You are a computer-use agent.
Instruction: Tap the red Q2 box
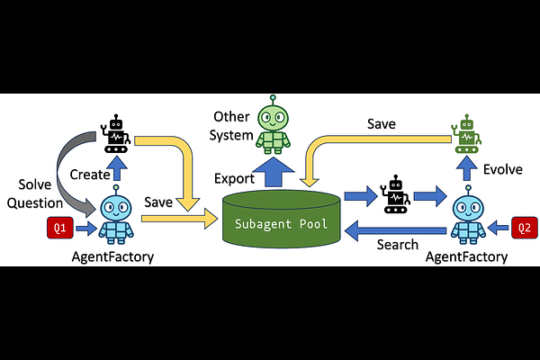(524, 229)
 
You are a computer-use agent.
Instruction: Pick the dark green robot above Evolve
(465, 133)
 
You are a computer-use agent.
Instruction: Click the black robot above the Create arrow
(116, 133)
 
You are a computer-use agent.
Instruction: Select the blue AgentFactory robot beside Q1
(116, 220)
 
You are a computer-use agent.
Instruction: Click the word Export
(234, 178)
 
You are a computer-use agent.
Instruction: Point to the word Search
(397, 244)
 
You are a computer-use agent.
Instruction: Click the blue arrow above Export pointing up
(270, 172)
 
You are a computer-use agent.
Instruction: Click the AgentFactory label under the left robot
(112, 257)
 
